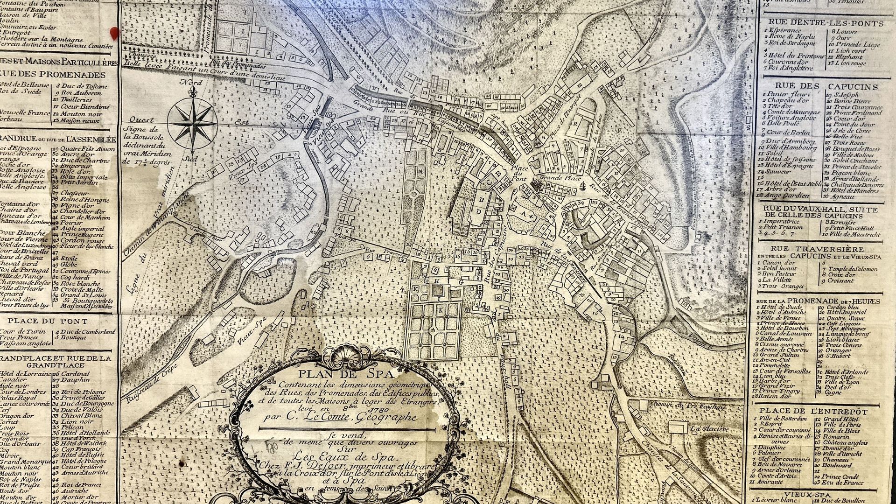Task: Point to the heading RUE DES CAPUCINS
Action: (826, 86)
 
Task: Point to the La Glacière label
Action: (710, 429)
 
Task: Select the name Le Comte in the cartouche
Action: (326, 417)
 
